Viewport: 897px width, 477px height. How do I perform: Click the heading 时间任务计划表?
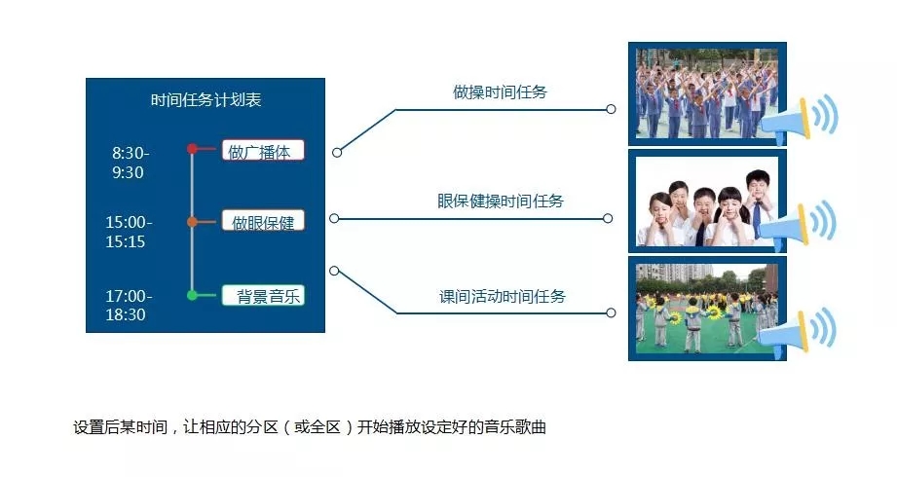pyautogui.click(x=206, y=100)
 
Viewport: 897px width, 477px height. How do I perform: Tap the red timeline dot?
pyautogui.click(x=192, y=149)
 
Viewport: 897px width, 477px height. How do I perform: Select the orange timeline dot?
pyautogui.click(x=192, y=222)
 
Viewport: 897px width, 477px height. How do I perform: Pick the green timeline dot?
pyautogui.click(x=192, y=295)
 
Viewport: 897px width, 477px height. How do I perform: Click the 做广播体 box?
pyautogui.click(x=263, y=151)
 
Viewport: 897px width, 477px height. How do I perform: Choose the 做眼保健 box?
pyautogui.click(x=263, y=222)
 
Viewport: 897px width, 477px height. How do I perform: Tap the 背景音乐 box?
pyautogui.click(x=263, y=296)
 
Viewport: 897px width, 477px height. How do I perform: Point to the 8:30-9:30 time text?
pyautogui.click(x=131, y=163)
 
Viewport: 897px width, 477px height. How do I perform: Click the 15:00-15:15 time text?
pyautogui.click(x=129, y=232)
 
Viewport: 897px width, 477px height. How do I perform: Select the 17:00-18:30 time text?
pyautogui.click(x=129, y=305)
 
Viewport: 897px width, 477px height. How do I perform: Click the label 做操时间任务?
pyautogui.click(x=500, y=92)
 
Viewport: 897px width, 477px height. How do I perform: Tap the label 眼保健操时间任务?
pyautogui.click(x=501, y=202)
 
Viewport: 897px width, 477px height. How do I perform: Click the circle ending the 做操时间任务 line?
pyautogui.click(x=611, y=109)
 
